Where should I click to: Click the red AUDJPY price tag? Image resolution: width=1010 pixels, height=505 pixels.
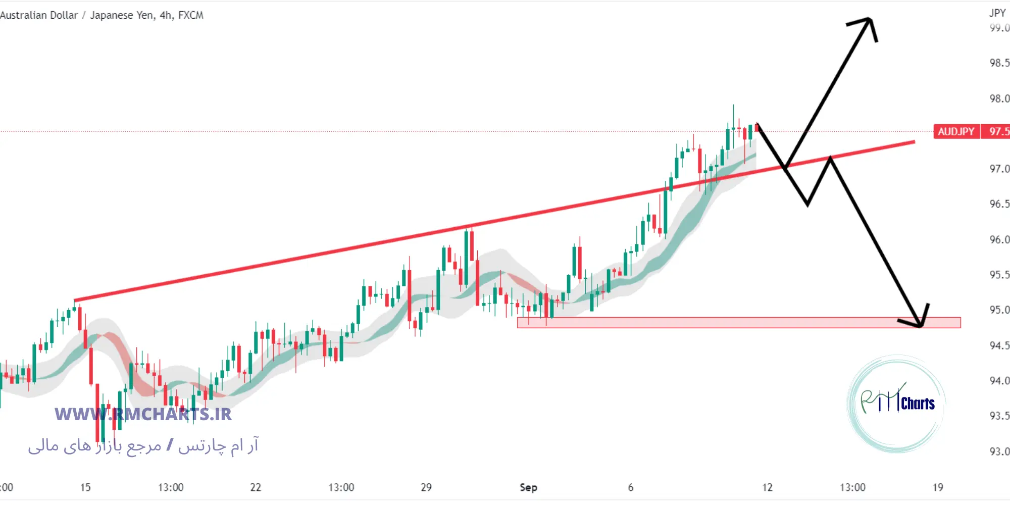[x=956, y=132]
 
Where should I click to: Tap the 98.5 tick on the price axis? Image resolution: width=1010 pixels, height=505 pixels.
[x=999, y=63]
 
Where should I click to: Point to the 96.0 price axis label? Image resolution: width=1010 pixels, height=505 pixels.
[x=999, y=240]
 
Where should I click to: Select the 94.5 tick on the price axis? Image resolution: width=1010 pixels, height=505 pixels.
[x=999, y=346]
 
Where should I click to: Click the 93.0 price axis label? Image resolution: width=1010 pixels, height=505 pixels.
[x=999, y=451]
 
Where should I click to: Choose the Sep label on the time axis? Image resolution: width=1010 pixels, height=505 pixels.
[x=528, y=488]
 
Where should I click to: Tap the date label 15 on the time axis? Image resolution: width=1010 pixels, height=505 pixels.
[x=85, y=488]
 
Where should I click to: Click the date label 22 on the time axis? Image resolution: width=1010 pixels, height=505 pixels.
[x=256, y=488]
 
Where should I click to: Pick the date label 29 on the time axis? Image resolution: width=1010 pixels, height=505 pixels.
[x=426, y=488]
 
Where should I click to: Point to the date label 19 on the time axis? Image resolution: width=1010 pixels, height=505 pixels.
[x=938, y=488]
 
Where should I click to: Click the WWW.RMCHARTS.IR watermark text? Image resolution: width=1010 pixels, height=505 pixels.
[x=143, y=415]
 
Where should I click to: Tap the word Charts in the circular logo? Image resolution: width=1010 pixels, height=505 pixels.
[x=918, y=403]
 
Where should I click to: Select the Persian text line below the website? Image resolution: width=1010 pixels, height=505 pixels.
[x=143, y=446]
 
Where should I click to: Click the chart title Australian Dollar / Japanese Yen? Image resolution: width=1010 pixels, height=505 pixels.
[x=102, y=16]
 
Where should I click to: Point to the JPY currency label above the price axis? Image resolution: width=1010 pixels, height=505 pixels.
[x=997, y=13]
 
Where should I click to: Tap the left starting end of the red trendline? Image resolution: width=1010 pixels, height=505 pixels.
[x=75, y=300]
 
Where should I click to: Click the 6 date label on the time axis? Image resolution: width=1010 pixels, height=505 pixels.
[x=630, y=488]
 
